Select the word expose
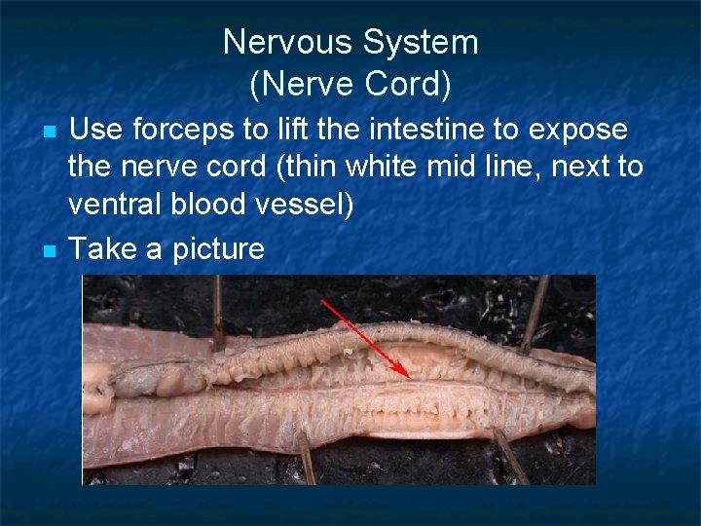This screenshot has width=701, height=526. pyautogui.click(x=578, y=130)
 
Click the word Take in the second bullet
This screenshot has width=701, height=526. pyautogui.click(x=102, y=248)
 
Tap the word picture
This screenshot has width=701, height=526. pyautogui.click(x=217, y=248)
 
